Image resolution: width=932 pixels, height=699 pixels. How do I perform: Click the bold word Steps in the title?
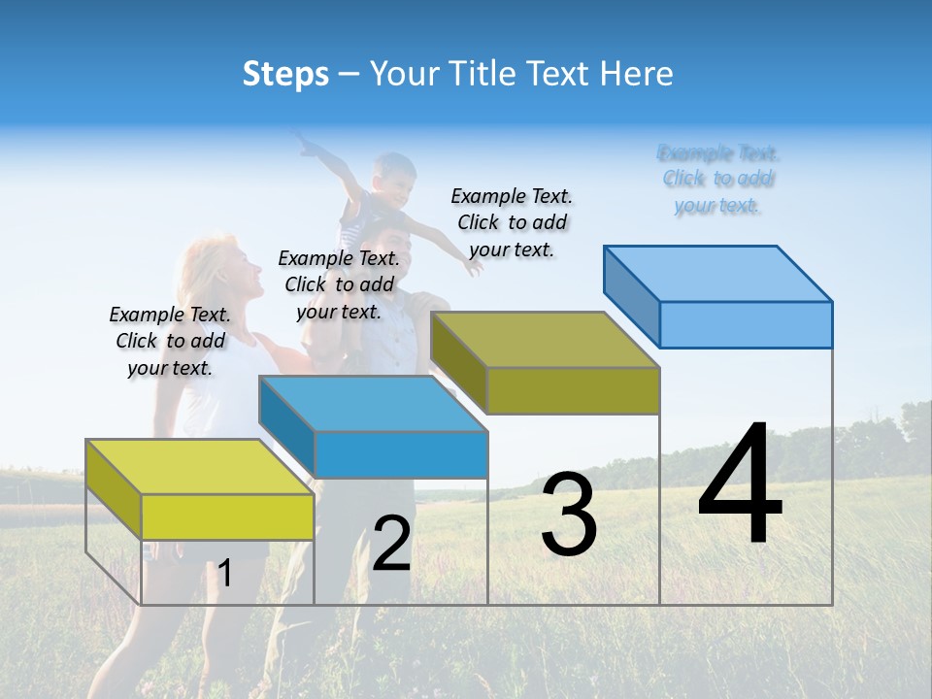[x=285, y=74]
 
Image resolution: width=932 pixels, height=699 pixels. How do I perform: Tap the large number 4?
[x=740, y=486]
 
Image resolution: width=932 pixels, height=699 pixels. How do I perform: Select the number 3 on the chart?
[x=568, y=516]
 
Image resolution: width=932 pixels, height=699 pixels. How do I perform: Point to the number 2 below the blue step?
[x=391, y=545]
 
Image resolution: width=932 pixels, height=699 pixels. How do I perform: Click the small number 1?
[x=225, y=574]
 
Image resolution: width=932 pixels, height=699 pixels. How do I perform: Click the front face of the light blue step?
[x=746, y=324]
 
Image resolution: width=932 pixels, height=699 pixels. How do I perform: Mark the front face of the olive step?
[x=573, y=390]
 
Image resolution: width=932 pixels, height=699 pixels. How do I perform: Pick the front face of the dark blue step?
[x=401, y=454]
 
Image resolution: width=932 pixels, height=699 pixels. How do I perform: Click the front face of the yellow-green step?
[x=227, y=516]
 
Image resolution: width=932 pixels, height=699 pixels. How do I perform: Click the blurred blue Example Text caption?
[x=717, y=179]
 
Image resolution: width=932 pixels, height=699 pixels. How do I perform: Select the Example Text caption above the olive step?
[x=512, y=222]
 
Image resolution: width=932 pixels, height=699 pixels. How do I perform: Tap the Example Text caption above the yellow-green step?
[x=170, y=341]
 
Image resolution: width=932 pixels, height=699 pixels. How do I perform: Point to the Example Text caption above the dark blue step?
[x=339, y=284]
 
